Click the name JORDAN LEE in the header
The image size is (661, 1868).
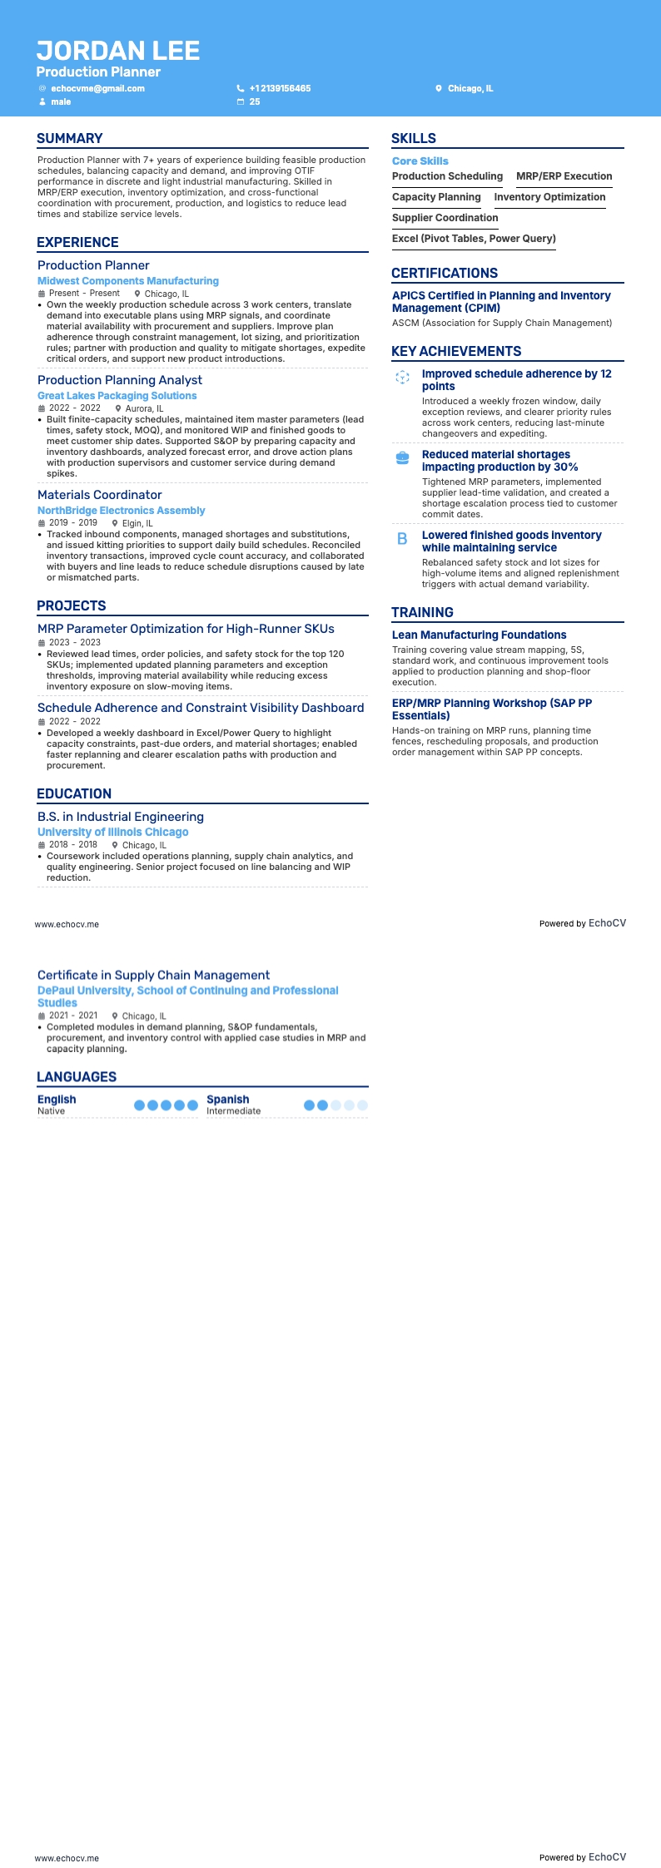click(x=118, y=51)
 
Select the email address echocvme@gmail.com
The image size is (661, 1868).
click(x=97, y=88)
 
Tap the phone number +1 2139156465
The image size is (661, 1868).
click(x=280, y=88)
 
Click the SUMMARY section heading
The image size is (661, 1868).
click(x=70, y=139)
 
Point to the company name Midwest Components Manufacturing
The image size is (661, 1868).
click(x=128, y=281)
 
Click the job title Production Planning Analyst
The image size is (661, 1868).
click(x=120, y=380)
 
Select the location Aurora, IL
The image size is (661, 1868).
click(x=144, y=408)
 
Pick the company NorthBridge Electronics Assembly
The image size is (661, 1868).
click(x=121, y=511)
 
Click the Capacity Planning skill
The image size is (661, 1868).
click(x=436, y=197)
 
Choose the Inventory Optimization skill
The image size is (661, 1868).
click(x=549, y=197)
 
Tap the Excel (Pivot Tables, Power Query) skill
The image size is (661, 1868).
click(x=474, y=239)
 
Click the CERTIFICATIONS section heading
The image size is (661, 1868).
click(x=445, y=273)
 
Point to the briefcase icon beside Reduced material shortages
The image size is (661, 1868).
click(x=402, y=457)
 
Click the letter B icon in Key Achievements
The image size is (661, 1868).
click(x=402, y=539)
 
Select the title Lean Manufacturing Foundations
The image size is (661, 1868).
click(x=479, y=635)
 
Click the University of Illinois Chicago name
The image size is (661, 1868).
click(x=113, y=832)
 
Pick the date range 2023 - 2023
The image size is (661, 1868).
click(x=74, y=642)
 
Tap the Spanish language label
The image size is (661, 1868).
click(x=228, y=1100)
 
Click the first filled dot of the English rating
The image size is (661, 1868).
click(x=140, y=1105)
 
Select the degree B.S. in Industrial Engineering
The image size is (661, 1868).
click(x=121, y=817)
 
